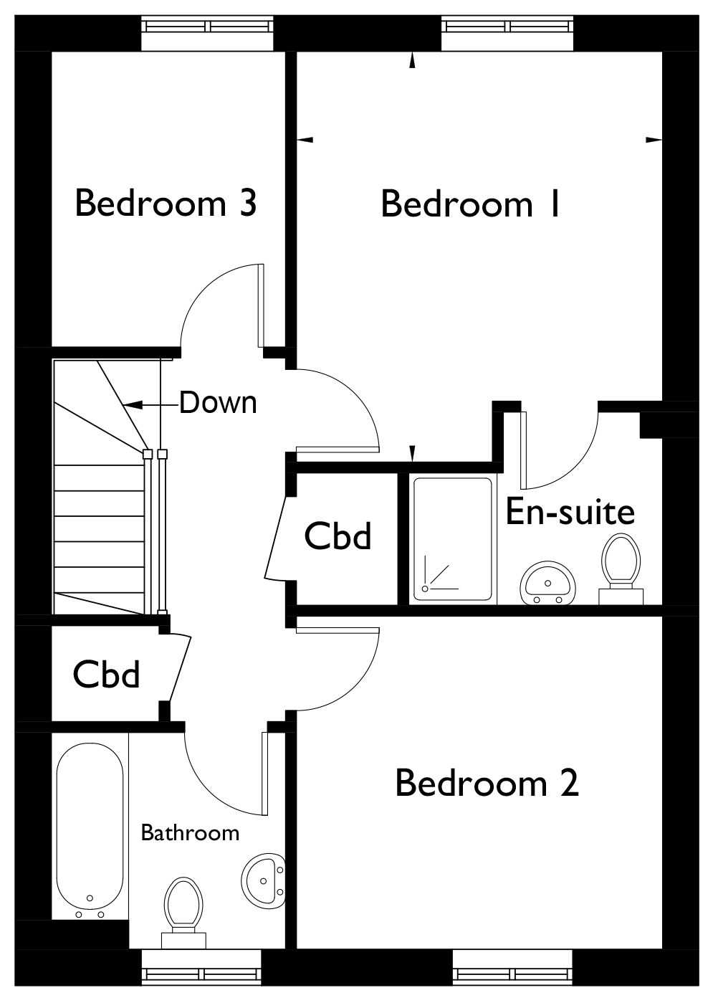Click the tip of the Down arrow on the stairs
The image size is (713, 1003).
click(x=123, y=405)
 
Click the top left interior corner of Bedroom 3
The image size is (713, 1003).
click(x=52, y=52)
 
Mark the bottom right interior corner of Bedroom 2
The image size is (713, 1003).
click(x=661, y=948)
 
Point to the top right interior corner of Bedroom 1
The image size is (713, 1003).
click(x=661, y=52)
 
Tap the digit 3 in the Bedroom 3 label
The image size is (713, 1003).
click(x=247, y=203)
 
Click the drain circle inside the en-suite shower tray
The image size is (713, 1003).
click(x=425, y=589)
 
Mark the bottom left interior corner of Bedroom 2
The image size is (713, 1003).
click(x=297, y=948)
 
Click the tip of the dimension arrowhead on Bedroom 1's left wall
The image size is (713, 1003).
click(x=297, y=140)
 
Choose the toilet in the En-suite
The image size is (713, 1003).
click(x=621, y=569)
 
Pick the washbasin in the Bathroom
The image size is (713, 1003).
click(x=263, y=881)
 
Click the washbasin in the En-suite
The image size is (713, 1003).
click(x=547, y=583)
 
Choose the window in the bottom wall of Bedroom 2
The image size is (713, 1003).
click(x=512, y=973)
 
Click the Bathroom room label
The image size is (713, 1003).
click(x=190, y=833)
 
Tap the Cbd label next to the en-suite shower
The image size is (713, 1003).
click(x=338, y=536)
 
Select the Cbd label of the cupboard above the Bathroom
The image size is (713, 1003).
click(x=106, y=674)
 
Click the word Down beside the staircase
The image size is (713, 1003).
click(x=219, y=402)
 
